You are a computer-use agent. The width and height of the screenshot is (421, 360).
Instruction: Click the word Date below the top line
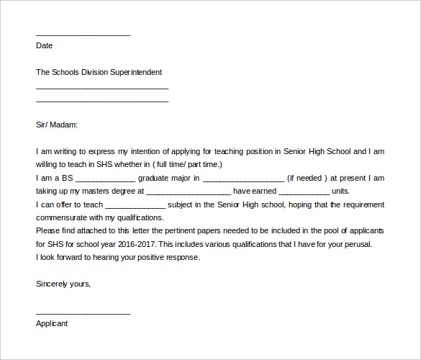pyautogui.click(x=44, y=45)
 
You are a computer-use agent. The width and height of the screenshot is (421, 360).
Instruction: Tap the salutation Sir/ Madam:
pyautogui.click(x=57, y=125)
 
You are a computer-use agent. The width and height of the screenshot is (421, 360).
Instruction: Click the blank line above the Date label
pyautogui.click(x=83, y=35)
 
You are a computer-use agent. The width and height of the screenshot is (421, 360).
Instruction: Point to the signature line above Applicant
pyautogui.click(x=83, y=313)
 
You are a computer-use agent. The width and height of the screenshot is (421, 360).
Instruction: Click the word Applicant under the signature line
pyautogui.click(x=52, y=323)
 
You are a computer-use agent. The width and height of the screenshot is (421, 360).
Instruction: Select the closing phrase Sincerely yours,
pyautogui.click(x=63, y=284)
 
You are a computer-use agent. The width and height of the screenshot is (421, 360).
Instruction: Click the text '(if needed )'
pyautogui.click(x=307, y=178)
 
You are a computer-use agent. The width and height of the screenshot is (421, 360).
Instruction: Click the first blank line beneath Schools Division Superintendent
pyautogui.click(x=101, y=88)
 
